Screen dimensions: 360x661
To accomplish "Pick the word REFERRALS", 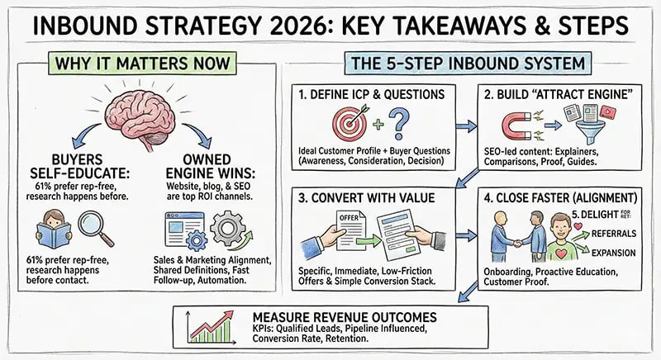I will click(604, 234).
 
